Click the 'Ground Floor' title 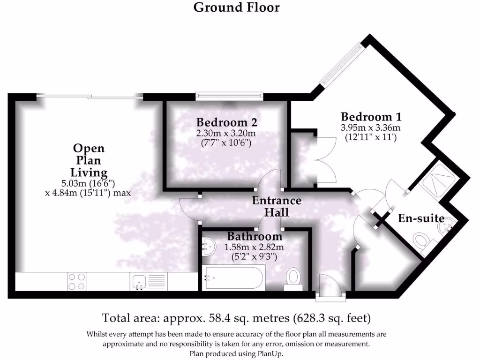tap(237, 7)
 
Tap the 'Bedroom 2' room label tap(226, 122)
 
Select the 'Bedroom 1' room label tap(371, 117)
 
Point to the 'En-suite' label tap(421, 218)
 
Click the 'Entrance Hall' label tap(277, 206)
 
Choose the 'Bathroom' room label tap(255, 236)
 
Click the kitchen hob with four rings tap(77, 282)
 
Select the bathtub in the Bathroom tap(233, 277)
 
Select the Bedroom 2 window tap(230, 96)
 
